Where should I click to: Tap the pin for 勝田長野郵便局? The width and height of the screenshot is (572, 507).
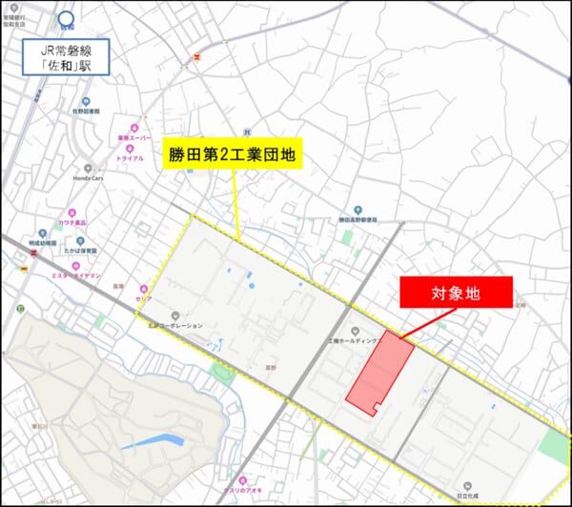click(x=357, y=209)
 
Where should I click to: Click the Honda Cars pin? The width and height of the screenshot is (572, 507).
click(x=88, y=168)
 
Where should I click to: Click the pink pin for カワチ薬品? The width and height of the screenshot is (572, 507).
click(x=71, y=213)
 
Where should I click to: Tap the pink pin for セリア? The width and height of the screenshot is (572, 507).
click(x=144, y=289)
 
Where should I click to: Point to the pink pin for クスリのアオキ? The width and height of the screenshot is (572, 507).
click(x=243, y=479)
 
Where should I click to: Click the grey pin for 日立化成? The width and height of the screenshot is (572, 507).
click(x=468, y=485)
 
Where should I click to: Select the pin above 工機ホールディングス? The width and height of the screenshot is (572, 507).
click(x=356, y=331)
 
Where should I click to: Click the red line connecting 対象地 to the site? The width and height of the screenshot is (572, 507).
click(x=425, y=323)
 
